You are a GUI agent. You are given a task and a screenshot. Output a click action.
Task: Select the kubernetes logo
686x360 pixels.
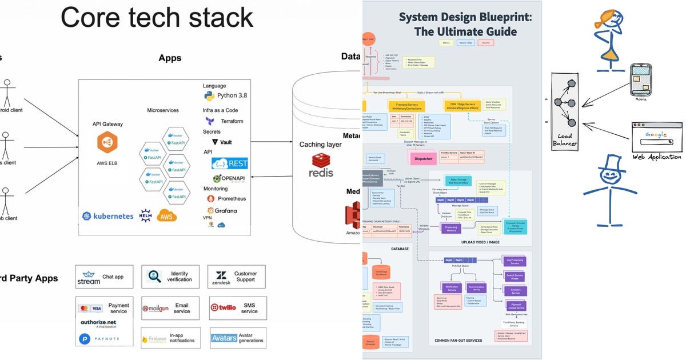(x=107, y=216)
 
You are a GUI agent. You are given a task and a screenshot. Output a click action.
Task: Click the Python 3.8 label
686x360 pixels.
(x=229, y=95)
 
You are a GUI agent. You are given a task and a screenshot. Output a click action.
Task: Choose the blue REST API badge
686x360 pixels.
(x=230, y=163)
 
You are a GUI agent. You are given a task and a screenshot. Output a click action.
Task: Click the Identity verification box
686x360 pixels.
(x=170, y=277)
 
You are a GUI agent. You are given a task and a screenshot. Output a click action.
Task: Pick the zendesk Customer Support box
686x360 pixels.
(x=236, y=277)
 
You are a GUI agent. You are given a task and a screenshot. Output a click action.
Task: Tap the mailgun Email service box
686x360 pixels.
(x=170, y=308)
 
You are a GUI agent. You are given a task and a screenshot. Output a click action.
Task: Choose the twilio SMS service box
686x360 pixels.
(x=236, y=308)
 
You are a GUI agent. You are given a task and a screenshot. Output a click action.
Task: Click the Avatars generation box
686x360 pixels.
(x=236, y=338)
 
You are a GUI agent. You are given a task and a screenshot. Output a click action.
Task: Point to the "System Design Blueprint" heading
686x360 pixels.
(x=465, y=17)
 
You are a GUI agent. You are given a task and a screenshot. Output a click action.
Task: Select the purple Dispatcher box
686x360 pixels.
(x=424, y=158)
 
